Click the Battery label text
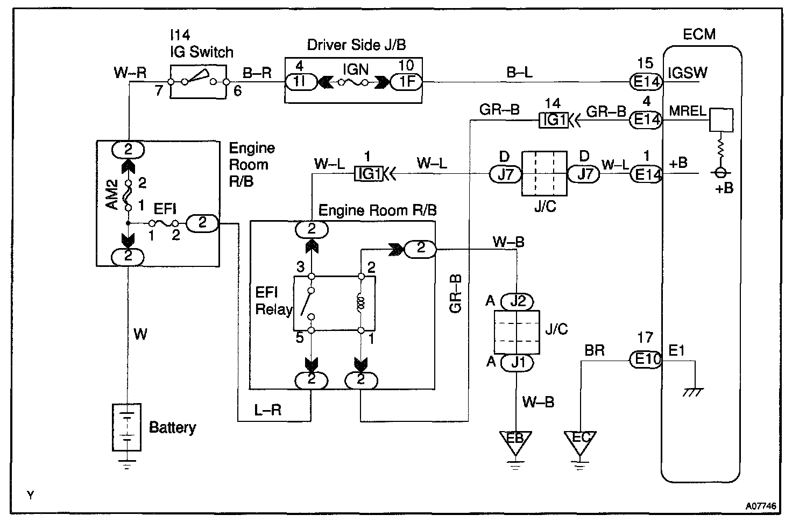(x=172, y=428)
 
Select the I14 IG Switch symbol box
(x=199, y=82)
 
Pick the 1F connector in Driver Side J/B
(x=406, y=82)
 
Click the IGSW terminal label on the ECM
(x=687, y=73)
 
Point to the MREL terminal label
(x=687, y=111)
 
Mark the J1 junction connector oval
(x=517, y=363)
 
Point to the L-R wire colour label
(x=268, y=410)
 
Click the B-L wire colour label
(x=519, y=72)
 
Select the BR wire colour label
(x=595, y=351)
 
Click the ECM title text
(x=699, y=34)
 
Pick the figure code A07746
(x=761, y=506)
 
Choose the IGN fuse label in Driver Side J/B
(x=355, y=69)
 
